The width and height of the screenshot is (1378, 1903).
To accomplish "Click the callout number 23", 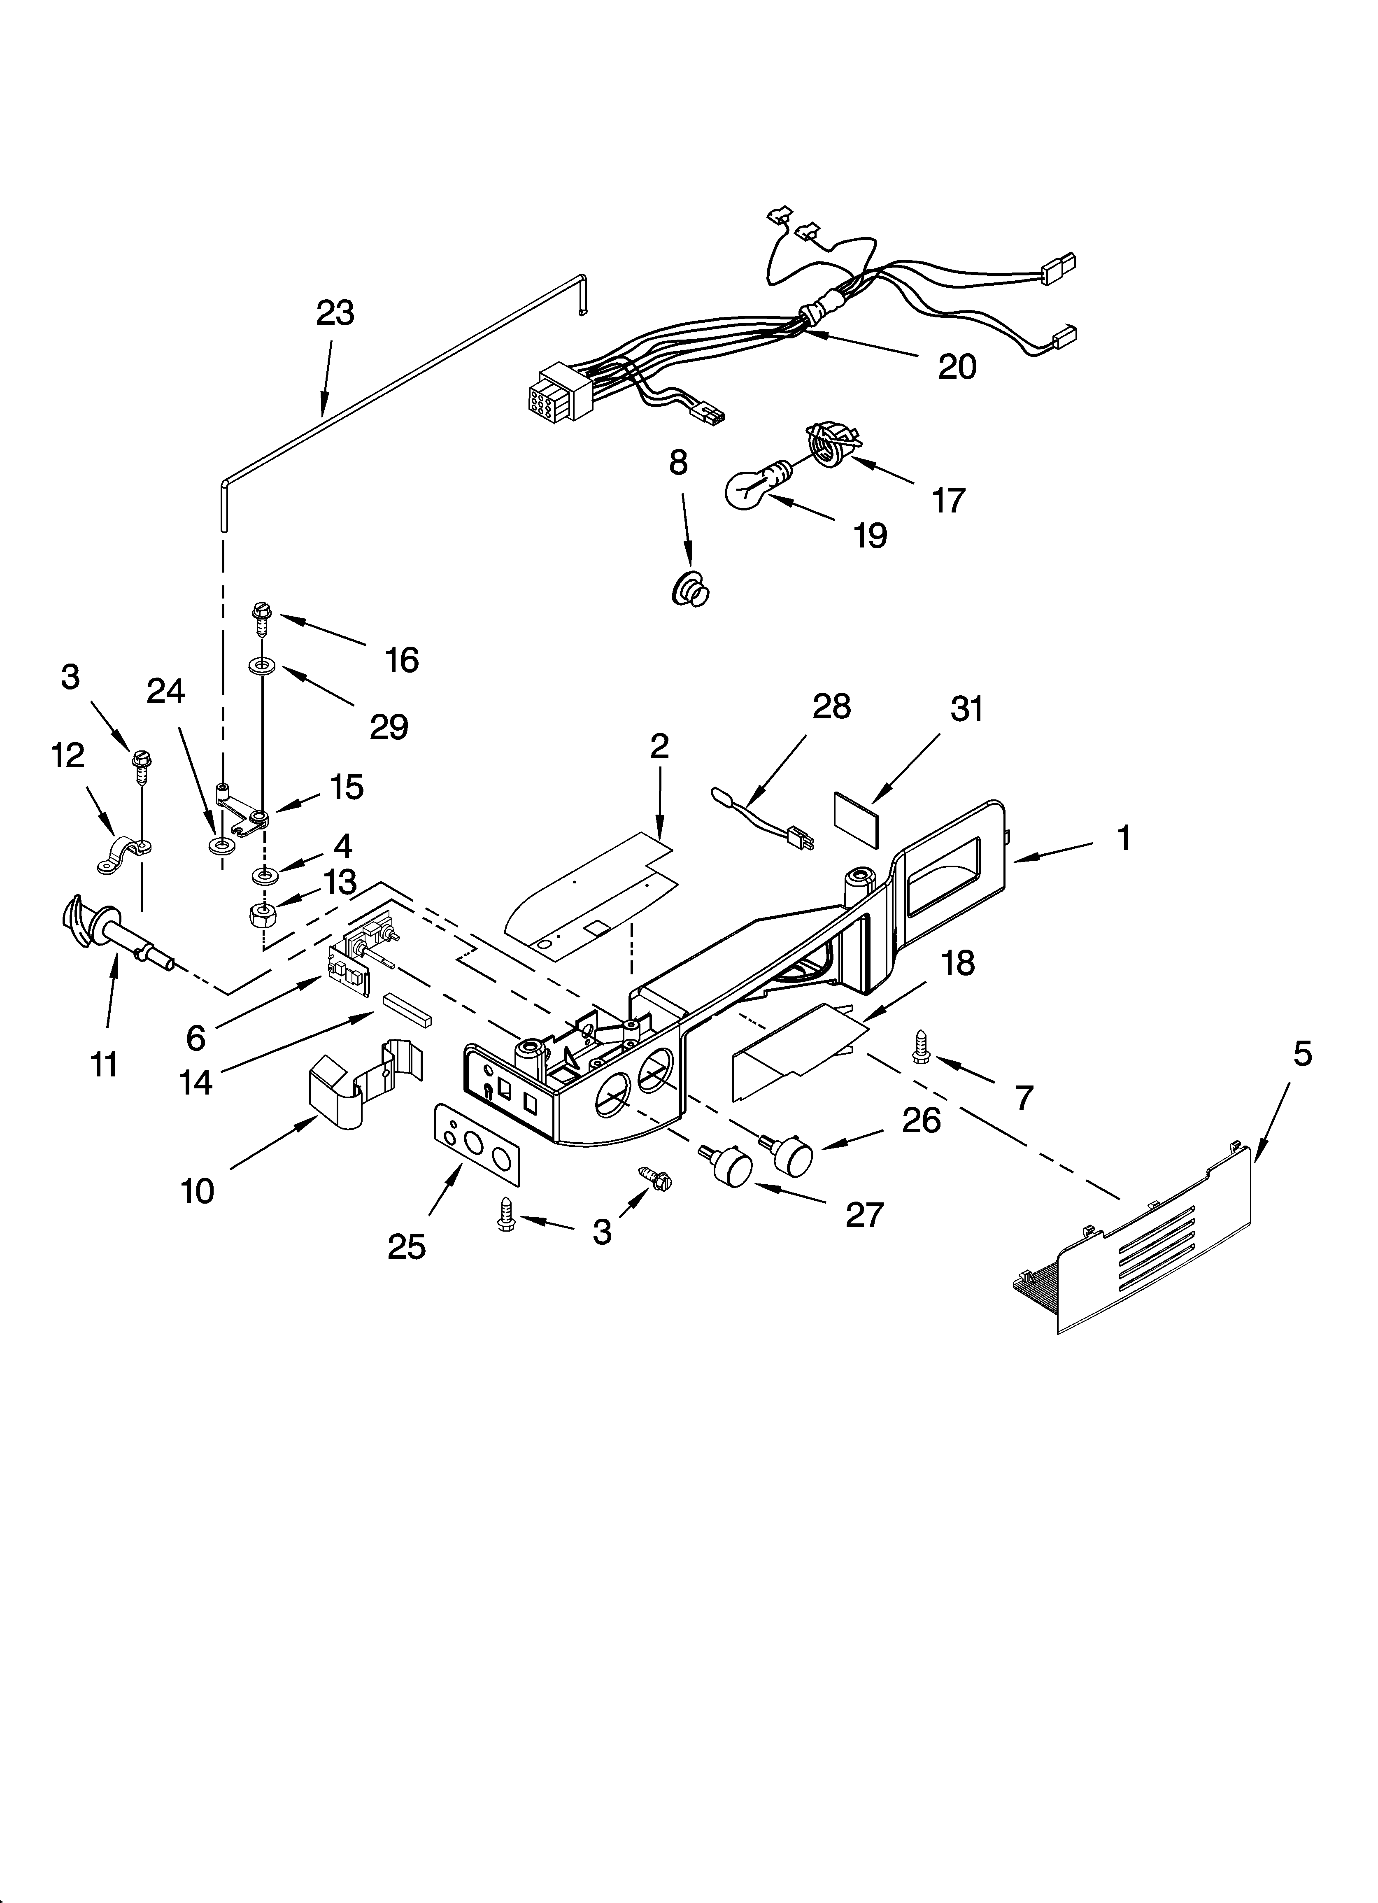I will point(335,313).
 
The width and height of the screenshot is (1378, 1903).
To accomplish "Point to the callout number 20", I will point(957,367).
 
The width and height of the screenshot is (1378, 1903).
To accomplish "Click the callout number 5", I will point(1301,1053).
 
